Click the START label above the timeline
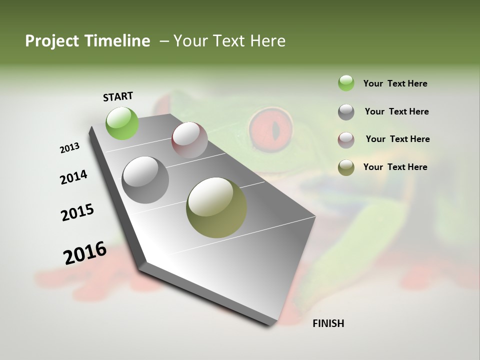[x=118, y=96]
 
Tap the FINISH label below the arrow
[x=328, y=323]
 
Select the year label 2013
[x=69, y=147]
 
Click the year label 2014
[x=73, y=177]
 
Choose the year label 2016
[x=85, y=252]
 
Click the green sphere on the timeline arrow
[x=122, y=123]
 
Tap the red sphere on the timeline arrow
[x=189, y=140]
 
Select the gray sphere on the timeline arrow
[x=145, y=180]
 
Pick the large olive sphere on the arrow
[x=216, y=207]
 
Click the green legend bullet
[x=346, y=83]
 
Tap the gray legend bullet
[x=346, y=112]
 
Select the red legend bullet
[x=346, y=139]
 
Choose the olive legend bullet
[x=346, y=167]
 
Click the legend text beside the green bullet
[x=395, y=83]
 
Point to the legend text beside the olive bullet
[x=395, y=167]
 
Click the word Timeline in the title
[x=117, y=41]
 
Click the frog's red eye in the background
[x=270, y=129]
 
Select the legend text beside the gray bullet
[x=396, y=111]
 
